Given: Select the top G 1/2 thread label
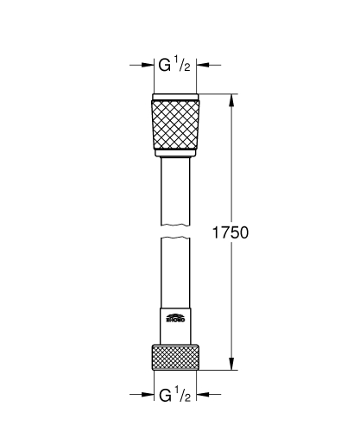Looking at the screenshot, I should tap(175, 64).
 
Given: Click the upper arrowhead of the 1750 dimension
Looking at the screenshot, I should tap(232, 98).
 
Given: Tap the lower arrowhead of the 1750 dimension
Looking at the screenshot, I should tap(232, 365).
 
